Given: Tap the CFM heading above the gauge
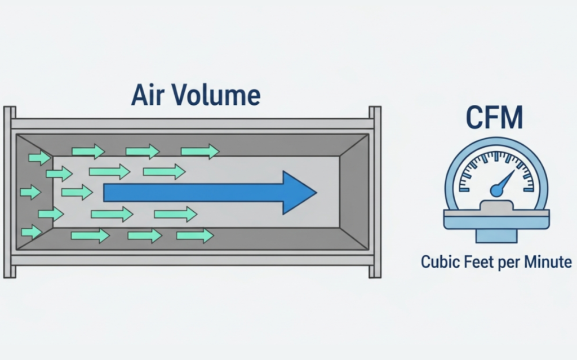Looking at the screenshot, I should (x=494, y=117).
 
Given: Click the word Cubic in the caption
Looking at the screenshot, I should (x=440, y=263).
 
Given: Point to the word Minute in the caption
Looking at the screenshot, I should (x=548, y=263).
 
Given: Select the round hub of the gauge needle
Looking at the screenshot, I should (x=496, y=192).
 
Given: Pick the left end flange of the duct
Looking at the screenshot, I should (x=9, y=192).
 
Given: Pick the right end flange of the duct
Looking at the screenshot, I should (x=375, y=192).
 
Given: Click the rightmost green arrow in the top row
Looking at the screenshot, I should (x=199, y=151).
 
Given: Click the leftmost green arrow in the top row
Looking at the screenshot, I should (x=39, y=158).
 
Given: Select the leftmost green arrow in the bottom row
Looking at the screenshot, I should (x=32, y=232).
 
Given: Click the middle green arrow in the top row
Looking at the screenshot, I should (x=143, y=151).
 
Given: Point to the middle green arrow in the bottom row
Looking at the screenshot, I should (x=145, y=235).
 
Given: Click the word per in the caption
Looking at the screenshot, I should (x=509, y=263).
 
